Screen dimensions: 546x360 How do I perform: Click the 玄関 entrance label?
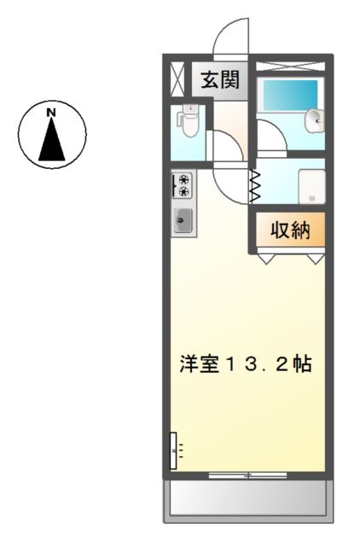(220, 81)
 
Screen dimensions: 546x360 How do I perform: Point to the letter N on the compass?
(51, 112)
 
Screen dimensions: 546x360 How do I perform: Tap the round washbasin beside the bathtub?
(315, 119)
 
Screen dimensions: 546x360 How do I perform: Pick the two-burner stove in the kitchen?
(183, 185)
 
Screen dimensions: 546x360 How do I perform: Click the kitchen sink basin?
(183, 221)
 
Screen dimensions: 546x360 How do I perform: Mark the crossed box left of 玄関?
(177, 78)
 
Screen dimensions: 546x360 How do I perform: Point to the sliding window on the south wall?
(248, 473)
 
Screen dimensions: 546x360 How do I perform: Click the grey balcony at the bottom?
(248, 499)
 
